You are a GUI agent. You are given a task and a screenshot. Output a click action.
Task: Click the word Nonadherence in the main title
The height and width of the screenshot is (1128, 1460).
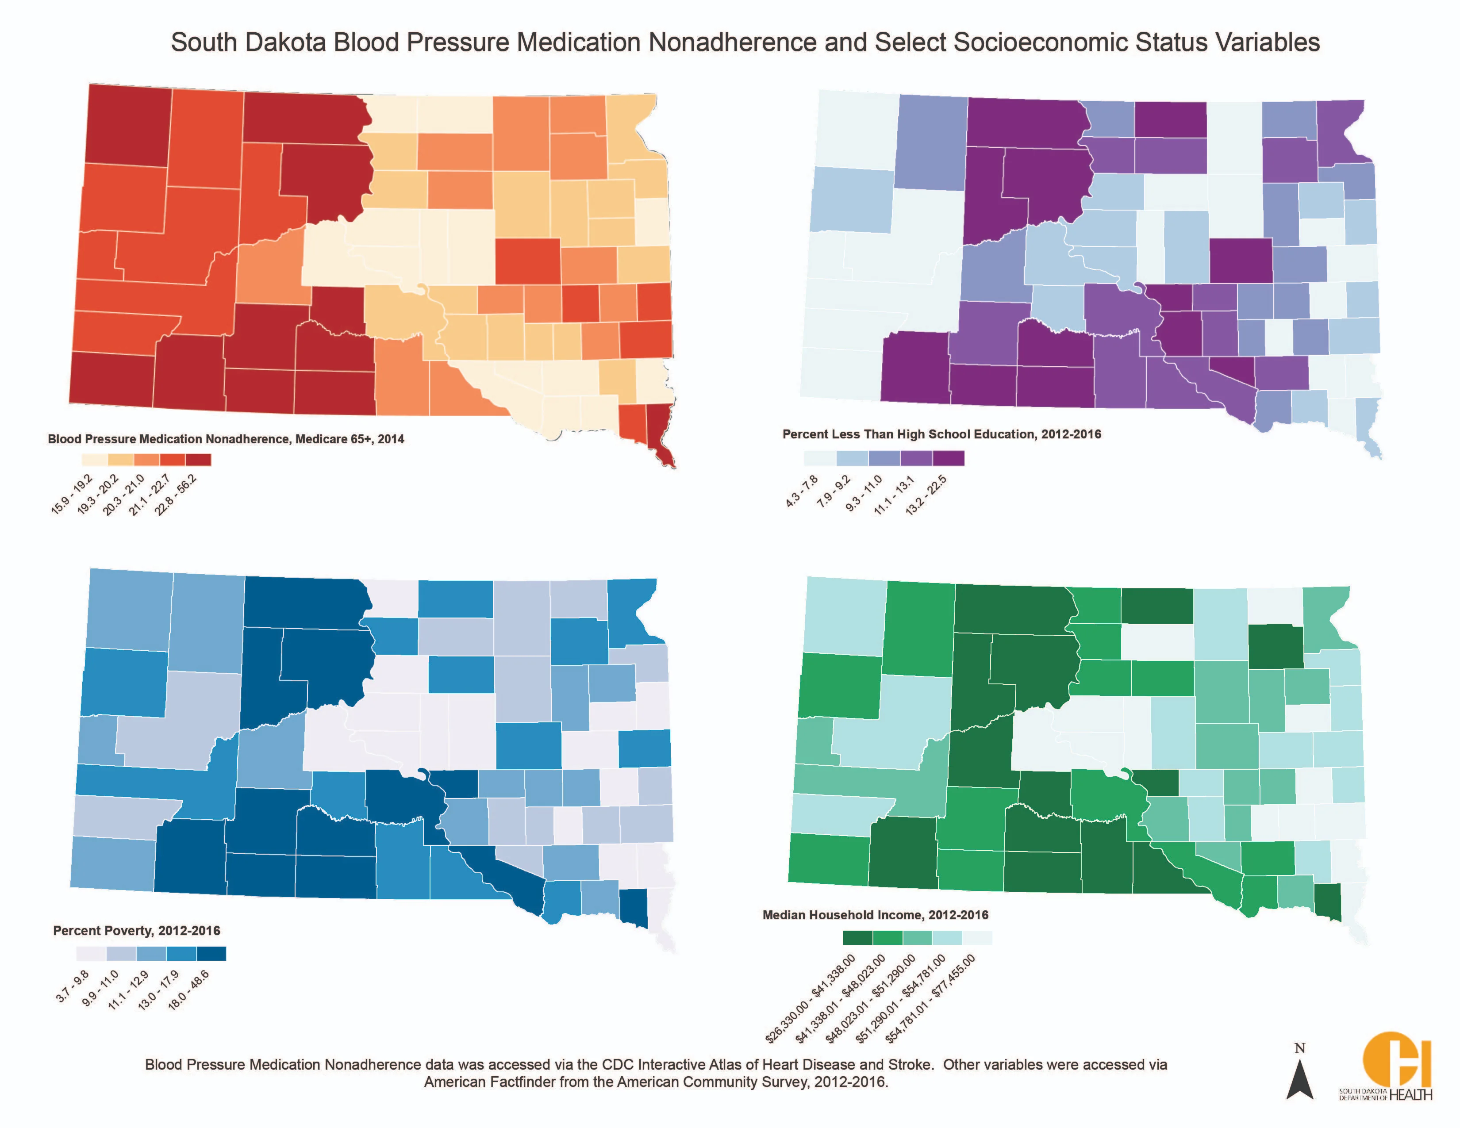pyautogui.click(x=732, y=42)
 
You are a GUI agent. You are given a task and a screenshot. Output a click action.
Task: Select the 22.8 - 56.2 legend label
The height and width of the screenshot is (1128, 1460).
pyautogui.click(x=176, y=495)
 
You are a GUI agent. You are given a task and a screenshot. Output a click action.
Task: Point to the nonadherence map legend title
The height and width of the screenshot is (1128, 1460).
pyautogui.click(x=226, y=439)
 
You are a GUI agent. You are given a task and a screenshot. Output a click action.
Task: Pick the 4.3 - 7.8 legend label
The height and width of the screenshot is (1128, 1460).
pyautogui.click(x=802, y=491)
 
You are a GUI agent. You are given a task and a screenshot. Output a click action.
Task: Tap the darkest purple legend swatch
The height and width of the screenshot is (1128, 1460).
pyautogui.click(x=949, y=458)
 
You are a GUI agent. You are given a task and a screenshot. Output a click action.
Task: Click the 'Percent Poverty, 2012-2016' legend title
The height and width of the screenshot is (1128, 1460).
pyautogui.click(x=136, y=930)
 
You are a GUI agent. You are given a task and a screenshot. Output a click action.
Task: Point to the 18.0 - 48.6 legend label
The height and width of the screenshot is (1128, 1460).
pyautogui.click(x=188, y=990)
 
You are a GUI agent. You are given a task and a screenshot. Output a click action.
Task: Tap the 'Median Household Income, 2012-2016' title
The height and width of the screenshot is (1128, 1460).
pyautogui.click(x=875, y=915)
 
